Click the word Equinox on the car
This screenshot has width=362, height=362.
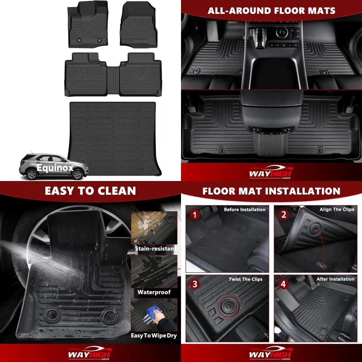click(x=55, y=168)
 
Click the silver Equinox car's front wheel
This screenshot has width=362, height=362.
click(x=77, y=174)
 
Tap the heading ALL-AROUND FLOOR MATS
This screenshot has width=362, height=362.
click(x=271, y=10)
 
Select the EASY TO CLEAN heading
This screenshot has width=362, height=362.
click(x=90, y=191)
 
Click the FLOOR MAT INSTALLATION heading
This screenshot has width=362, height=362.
click(x=271, y=191)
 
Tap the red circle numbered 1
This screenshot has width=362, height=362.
click(x=195, y=215)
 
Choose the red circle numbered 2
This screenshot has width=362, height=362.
click(x=283, y=215)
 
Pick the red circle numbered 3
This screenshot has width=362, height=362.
click(x=195, y=284)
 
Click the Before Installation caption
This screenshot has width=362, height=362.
click(x=244, y=210)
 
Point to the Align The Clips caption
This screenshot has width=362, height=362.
click(x=337, y=210)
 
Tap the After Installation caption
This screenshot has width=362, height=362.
click(x=335, y=279)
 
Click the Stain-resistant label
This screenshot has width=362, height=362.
click(x=154, y=249)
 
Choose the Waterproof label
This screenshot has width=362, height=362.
click(x=154, y=292)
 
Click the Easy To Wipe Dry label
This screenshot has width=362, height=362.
click(x=154, y=336)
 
